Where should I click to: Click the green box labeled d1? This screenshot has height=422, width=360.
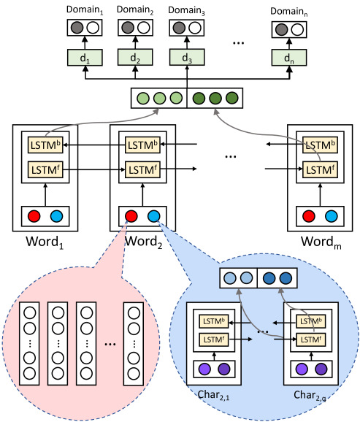85,58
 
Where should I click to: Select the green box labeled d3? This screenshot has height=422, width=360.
187,58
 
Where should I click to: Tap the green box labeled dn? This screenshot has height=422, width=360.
289,58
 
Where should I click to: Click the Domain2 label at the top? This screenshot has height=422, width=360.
135,10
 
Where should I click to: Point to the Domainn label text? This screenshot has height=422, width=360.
289,12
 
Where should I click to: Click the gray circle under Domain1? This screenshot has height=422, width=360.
77,28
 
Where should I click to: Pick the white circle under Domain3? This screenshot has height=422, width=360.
195,28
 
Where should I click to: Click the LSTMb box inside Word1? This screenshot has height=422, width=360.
45,145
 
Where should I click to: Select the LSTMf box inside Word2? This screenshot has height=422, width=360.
142,169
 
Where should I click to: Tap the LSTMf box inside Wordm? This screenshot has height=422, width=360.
320,169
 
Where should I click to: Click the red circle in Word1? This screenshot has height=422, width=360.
34,216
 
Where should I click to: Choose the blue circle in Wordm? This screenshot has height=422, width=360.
332,216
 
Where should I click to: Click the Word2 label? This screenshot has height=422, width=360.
144,242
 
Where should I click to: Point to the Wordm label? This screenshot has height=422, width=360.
321,242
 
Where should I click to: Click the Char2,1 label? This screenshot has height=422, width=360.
213,395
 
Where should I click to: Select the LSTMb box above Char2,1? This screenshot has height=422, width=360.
213,321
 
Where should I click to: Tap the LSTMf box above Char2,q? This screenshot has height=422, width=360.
311,339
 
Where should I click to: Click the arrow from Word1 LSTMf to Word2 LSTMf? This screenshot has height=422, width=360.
94,169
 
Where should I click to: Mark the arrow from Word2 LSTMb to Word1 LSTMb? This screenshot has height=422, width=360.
94,145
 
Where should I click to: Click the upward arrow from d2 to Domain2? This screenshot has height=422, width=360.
135,42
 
